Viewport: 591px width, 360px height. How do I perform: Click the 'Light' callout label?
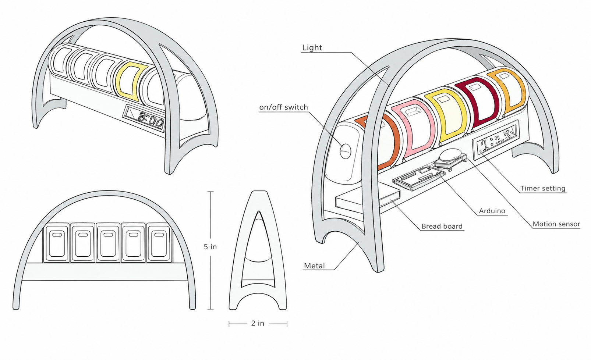coord(312,47)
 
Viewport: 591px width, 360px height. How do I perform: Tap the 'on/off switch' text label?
coord(283,107)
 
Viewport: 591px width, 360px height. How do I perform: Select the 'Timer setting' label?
coord(543,188)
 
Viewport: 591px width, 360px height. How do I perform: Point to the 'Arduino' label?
coord(492,211)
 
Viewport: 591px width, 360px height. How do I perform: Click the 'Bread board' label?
coord(442,226)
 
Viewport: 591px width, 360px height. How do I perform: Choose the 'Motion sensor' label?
coord(556,224)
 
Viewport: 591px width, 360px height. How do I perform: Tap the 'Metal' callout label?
coord(314,265)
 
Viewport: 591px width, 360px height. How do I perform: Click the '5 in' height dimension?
coord(210,247)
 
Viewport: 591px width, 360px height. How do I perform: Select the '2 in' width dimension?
coord(258,323)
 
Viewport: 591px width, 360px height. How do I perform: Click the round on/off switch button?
coord(346,151)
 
